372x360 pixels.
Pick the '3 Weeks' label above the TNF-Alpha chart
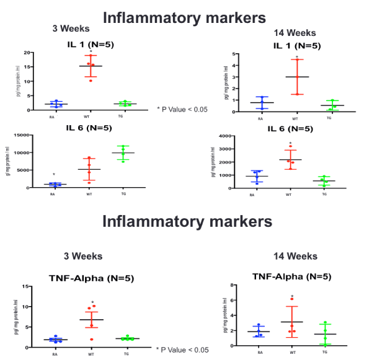point(84,256)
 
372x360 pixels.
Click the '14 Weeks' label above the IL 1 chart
point(294,33)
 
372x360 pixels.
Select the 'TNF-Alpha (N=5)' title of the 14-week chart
point(291,276)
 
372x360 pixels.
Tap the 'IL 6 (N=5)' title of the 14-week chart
point(294,129)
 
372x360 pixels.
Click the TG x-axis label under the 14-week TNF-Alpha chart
point(325,352)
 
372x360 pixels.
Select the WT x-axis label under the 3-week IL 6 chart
point(89,194)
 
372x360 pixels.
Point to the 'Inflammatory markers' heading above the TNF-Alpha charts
point(187,221)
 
